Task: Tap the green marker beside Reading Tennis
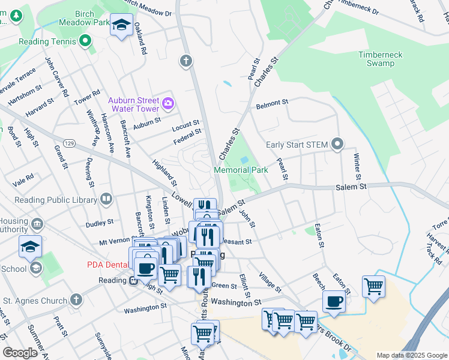click(x=85, y=41)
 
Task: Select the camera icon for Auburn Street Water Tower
click(x=167, y=104)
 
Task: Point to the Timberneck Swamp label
click(x=385, y=59)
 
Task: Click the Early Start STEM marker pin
click(x=337, y=143)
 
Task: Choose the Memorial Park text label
click(x=241, y=170)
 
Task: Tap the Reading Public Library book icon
click(x=106, y=198)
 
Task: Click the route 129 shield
click(x=70, y=143)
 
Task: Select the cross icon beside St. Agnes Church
click(x=76, y=299)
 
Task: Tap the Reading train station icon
click(x=133, y=281)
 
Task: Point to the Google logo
click(x=20, y=353)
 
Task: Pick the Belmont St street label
click(x=272, y=104)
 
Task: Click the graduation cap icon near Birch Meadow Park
click(x=122, y=25)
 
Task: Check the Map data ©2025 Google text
click(x=411, y=355)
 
